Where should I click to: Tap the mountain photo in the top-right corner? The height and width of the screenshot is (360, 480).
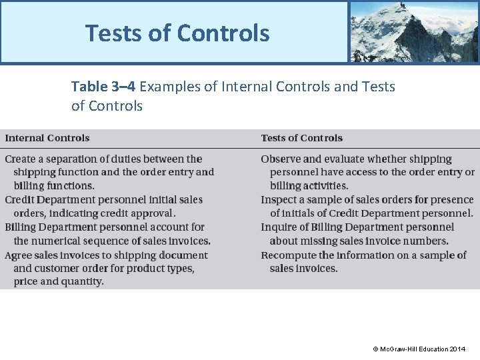[x=413, y=31]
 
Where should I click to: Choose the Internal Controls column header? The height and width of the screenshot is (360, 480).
[x=47, y=138]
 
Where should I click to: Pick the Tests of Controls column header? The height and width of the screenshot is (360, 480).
[x=301, y=138]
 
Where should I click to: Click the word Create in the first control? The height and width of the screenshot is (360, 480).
[x=20, y=159]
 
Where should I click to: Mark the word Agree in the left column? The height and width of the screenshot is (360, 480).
[x=18, y=255]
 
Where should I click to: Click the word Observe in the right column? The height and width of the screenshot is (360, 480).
[x=281, y=159]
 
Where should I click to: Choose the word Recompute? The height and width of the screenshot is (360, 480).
[x=289, y=255]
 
